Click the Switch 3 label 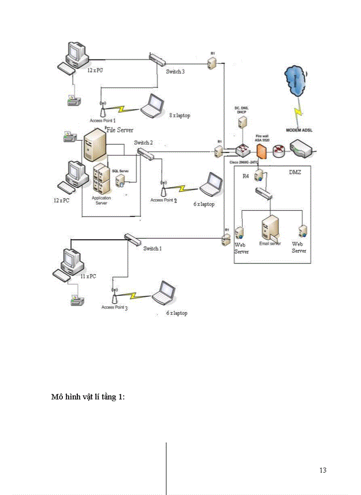175,72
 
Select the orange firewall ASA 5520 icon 261,152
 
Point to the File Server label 120,130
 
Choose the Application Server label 102,201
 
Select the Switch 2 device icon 145,153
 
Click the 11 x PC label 88,276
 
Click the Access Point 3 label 114,307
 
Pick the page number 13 323,470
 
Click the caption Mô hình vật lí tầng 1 88,397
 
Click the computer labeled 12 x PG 75,53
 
